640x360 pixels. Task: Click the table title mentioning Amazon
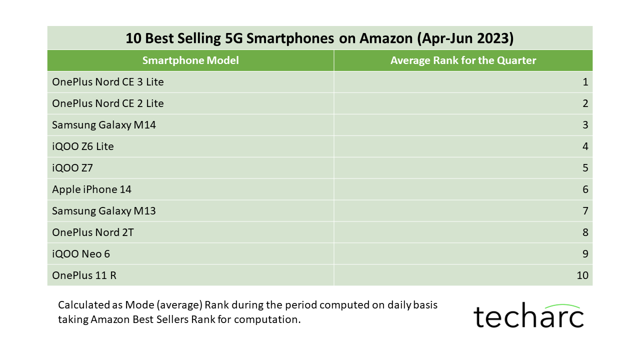coord(319,38)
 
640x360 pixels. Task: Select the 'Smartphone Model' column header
coord(190,60)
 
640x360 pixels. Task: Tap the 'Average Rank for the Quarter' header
coord(463,60)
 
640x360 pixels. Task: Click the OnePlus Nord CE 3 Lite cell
coord(108,82)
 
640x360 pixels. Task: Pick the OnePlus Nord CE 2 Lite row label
coord(108,103)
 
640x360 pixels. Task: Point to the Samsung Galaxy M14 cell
coord(104,125)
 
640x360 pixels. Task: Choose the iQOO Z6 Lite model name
coord(83,146)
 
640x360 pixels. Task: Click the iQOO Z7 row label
coord(72,168)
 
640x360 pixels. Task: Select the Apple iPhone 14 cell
coord(91,189)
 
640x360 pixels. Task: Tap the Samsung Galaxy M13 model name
coord(104,211)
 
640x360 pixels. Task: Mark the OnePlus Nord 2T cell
coord(93,232)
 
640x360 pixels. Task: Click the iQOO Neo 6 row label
coord(81,254)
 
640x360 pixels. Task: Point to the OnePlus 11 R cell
coord(84,275)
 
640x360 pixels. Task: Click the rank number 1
coord(585,82)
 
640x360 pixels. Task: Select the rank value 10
coord(582,275)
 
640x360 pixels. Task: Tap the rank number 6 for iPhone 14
coord(585,189)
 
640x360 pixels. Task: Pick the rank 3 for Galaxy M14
coord(585,125)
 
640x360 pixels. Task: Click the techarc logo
coord(528,315)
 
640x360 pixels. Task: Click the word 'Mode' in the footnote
coord(139,305)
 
